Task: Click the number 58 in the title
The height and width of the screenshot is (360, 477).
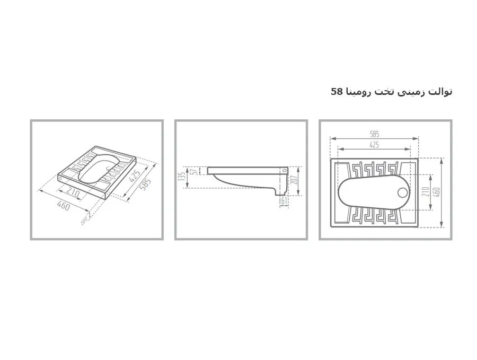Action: point(337,91)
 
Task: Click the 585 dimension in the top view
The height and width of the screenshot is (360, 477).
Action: point(375,134)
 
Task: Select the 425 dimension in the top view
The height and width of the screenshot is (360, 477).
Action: point(374,145)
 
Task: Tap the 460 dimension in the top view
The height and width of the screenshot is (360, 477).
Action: point(436,192)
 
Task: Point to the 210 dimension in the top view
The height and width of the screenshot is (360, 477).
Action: point(426,192)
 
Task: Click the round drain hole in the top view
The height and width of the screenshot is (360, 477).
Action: point(403,192)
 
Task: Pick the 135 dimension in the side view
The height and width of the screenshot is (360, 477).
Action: point(182,177)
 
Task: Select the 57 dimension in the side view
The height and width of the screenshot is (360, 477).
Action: point(195,171)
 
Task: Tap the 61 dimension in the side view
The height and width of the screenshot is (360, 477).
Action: point(284,201)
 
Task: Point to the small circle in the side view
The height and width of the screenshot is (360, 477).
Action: point(285,170)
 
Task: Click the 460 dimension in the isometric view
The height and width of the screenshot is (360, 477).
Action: point(64,206)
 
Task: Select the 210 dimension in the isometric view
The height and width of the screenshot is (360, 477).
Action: point(73,193)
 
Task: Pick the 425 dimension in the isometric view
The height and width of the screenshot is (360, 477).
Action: point(135,176)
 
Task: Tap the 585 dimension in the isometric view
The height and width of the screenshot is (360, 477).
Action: point(145,185)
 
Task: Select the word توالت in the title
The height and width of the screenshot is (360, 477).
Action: point(440,92)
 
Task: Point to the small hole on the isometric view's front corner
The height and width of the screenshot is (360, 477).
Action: point(60,178)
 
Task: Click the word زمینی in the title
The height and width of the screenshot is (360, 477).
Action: point(413,92)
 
